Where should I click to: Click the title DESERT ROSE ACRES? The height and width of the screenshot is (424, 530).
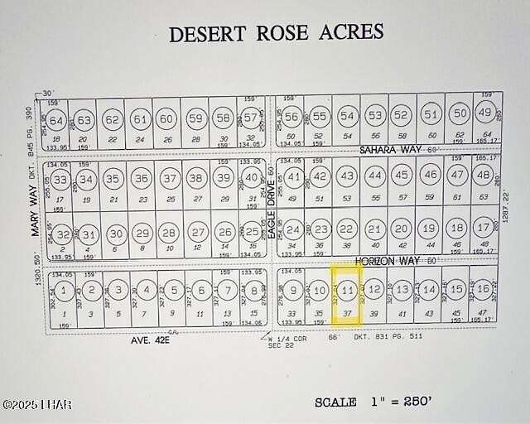(x=276, y=33)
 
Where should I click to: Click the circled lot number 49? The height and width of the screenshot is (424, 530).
(x=485, y=113)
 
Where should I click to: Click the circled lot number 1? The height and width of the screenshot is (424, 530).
(x=62, y=290)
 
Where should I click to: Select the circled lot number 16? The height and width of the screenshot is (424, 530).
(x=482, y=289)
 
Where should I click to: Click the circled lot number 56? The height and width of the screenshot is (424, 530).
(x=291, y=117)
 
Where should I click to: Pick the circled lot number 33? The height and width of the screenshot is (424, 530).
(x=61, y=178)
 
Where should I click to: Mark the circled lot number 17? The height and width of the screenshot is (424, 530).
(x=483, y=228)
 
